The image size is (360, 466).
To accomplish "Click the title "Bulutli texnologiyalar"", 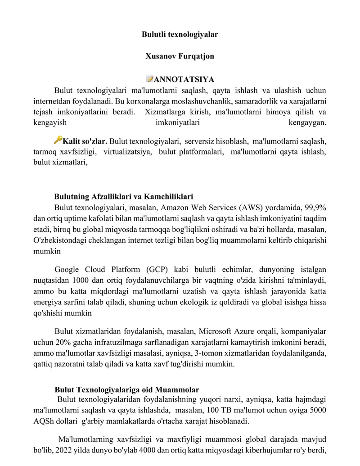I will click(180, 34).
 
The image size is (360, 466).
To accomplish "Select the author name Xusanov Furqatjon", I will click(180, 56).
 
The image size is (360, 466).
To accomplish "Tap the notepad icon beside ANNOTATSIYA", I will click(149, 79).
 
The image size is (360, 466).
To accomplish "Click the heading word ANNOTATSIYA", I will click(184, 80).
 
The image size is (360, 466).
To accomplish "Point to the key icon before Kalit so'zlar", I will click(58, 140).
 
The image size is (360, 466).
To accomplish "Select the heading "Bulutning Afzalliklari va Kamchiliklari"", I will click(124, 197).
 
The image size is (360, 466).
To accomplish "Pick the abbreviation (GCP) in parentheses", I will click(157, 270).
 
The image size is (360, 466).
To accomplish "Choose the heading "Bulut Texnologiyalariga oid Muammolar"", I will click(127, 389).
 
